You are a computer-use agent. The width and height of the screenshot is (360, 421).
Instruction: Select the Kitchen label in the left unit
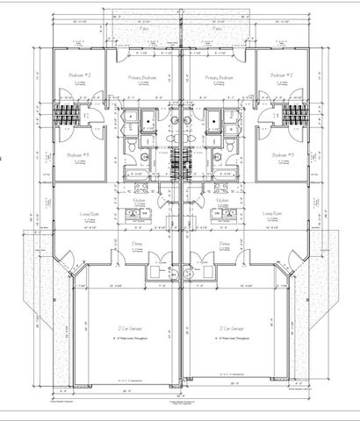click(x=140, y=201)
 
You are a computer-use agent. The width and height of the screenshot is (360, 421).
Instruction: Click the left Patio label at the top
click(x=144, y=29)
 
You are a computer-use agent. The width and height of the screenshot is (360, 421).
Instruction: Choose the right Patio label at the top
click(x=217, y=29)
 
